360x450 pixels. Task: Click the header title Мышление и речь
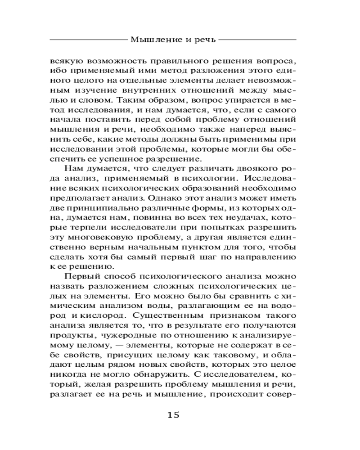tap(173, 40)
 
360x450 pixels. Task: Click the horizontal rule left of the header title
tap(88, 40)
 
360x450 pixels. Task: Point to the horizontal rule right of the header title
tap(257, 40)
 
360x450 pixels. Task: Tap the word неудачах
tap(258, 220)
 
